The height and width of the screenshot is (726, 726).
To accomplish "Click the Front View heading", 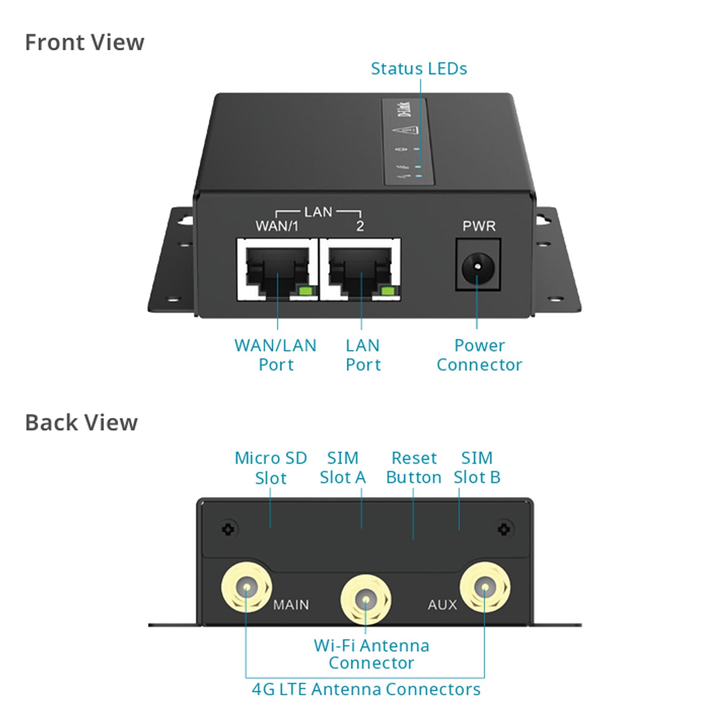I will point(84,43).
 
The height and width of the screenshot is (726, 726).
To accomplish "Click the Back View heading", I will point(81,423).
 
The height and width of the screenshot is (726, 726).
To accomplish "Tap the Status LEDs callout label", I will point(418,69).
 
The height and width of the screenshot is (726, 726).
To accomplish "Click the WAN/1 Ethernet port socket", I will point(277,270).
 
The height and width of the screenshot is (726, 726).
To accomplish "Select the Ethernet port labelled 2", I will point(360,270).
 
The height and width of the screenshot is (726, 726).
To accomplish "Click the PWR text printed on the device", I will point(479,226).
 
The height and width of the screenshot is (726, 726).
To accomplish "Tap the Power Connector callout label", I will point(479,355).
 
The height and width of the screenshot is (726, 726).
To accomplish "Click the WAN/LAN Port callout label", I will point(275,355).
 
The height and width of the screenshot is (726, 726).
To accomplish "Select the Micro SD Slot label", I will point(270,468).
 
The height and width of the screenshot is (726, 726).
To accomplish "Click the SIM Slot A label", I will point(343,468).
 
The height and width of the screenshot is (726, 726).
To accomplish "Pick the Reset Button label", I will point(413,468).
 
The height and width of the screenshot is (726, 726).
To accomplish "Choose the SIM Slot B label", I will point(477,468).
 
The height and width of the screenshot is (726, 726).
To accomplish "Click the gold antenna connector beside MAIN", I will point(246,588).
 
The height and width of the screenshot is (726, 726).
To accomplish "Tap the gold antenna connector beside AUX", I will point(485,588).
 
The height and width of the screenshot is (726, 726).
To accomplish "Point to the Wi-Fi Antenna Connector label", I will point(371,654).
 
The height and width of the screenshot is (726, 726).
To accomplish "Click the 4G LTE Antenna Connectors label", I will point(366,689).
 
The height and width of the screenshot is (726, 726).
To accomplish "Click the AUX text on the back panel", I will point(442,605).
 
